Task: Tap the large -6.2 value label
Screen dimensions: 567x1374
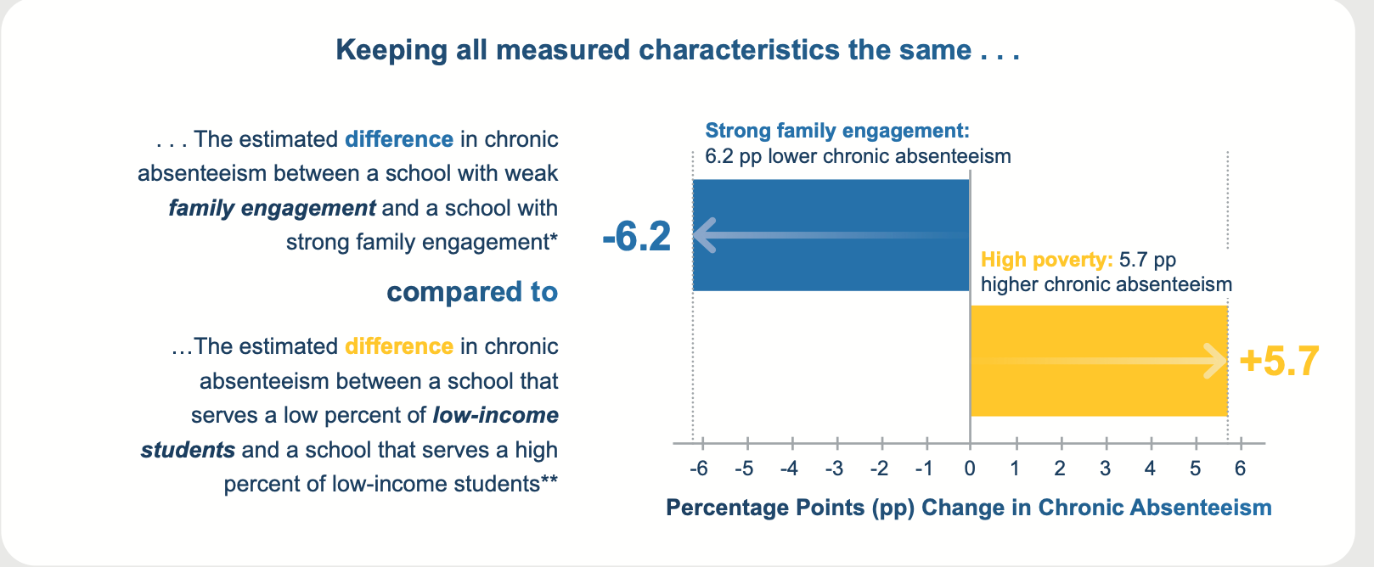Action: pyautogui.click(x=637, y=236)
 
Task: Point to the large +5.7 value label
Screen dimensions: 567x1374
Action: pyautogui.click(x=1279, y=361)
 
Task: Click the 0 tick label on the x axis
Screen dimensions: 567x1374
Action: pyautogui.click(x=970, y=469)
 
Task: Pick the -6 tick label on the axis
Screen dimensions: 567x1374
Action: pyautogui.click(x=698, y=469)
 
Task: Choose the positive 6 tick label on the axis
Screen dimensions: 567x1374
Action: pyautogui.click(x=1240, y=469)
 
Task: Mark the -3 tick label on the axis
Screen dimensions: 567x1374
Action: pyautogui.click(x=834, y=469)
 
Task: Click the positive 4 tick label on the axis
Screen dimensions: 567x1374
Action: pyautogui.click(x=1150, y=469)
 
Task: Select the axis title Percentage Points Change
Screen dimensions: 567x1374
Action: pyautogui.click(x=969, y=508)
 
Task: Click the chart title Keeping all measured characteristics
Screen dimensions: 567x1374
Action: pyautogui.click(x=678, y=50)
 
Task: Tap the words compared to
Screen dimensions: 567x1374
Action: pyautogui.click(x=472, y=292)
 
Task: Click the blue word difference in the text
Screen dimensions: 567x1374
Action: pyautogui.click(x=399, y=139)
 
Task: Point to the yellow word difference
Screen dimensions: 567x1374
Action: pyautogui.click(x=399, y=346)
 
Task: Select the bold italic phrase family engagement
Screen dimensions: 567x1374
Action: pyautogui.click(x=272, y=208)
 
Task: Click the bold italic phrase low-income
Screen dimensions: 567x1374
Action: pyautogui.click(x=496, y=415)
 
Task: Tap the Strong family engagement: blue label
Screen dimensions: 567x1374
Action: pyautogui.click(x=836, y=131)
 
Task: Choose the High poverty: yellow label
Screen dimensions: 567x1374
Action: pyautogui.click(x=1046, y=260)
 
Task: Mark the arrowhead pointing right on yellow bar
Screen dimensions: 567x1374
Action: pyautogui.click(x=1216, y=362)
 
